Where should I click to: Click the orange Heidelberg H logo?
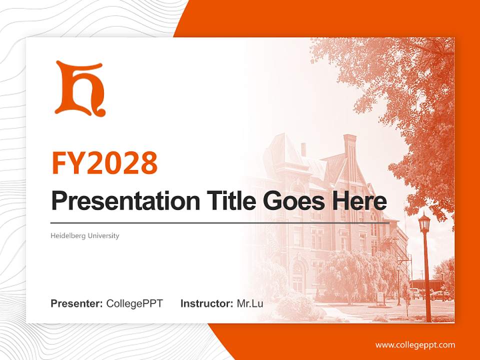[80, 88]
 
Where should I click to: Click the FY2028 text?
[104, 162]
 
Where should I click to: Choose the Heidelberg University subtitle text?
[85, 235]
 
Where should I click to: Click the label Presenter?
[77, 303]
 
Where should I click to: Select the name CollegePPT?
[134, 303]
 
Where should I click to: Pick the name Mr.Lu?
[250, 303]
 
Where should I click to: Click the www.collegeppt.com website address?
[415, 344]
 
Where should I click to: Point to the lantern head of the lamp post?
[424, 223]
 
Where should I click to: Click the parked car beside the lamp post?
[439, 295]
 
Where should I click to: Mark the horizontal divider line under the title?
[220, 222]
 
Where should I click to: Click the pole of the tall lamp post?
[426, 280]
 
